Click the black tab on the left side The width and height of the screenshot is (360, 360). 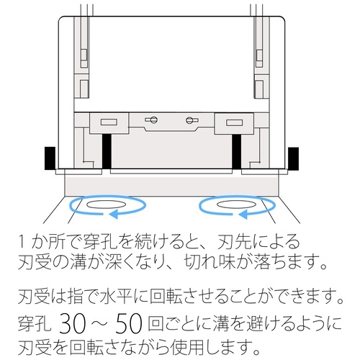[x=50, y=158]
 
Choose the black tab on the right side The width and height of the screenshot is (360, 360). [x=294, y=158]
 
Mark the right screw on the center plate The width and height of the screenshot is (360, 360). [x=191, y=119]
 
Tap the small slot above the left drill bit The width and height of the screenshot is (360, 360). [x=109, y=121]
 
